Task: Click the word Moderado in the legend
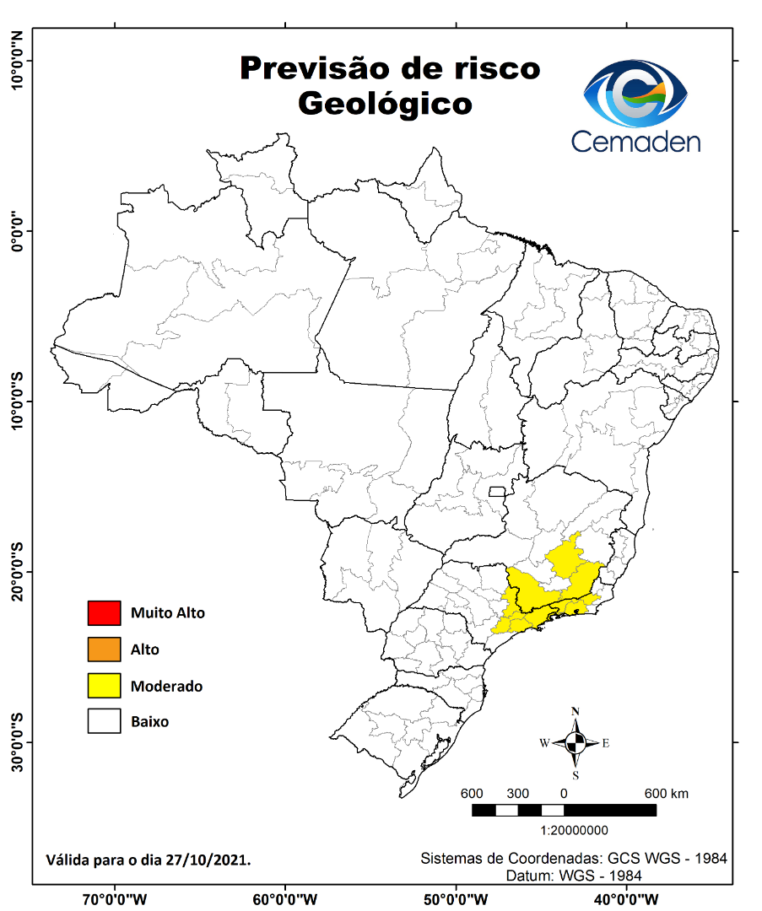(x=166, y=686)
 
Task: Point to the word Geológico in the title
(x=384, y=103)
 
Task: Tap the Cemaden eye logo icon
(x=635, y=91)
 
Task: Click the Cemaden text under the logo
(x=635, y=141)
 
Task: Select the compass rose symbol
(x=576, y=743)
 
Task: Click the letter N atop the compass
(x=576, y=711)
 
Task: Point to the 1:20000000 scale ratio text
(x=563, y=830)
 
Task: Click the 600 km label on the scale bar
(x=667, y=794)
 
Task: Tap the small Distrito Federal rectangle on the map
(x=497, y=491)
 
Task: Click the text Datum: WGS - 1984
(x=573, y=876)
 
